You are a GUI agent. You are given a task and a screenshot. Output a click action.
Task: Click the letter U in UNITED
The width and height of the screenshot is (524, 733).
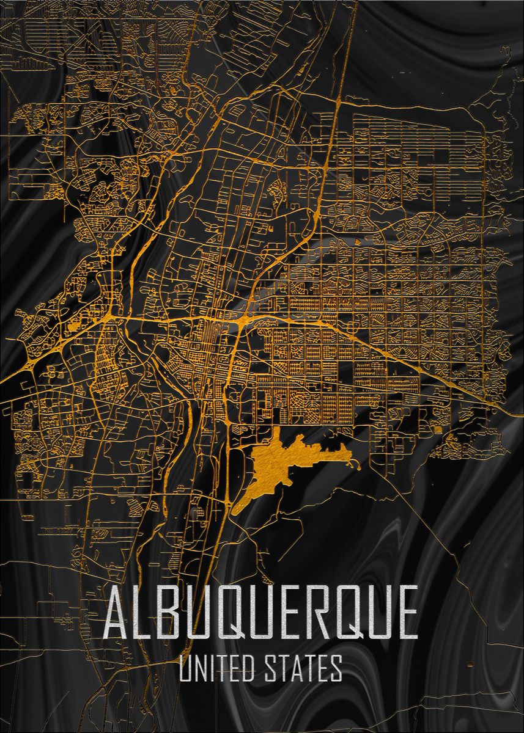(187, 668)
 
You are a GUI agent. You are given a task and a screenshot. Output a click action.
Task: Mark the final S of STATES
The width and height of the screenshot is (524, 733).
(336, 668)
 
